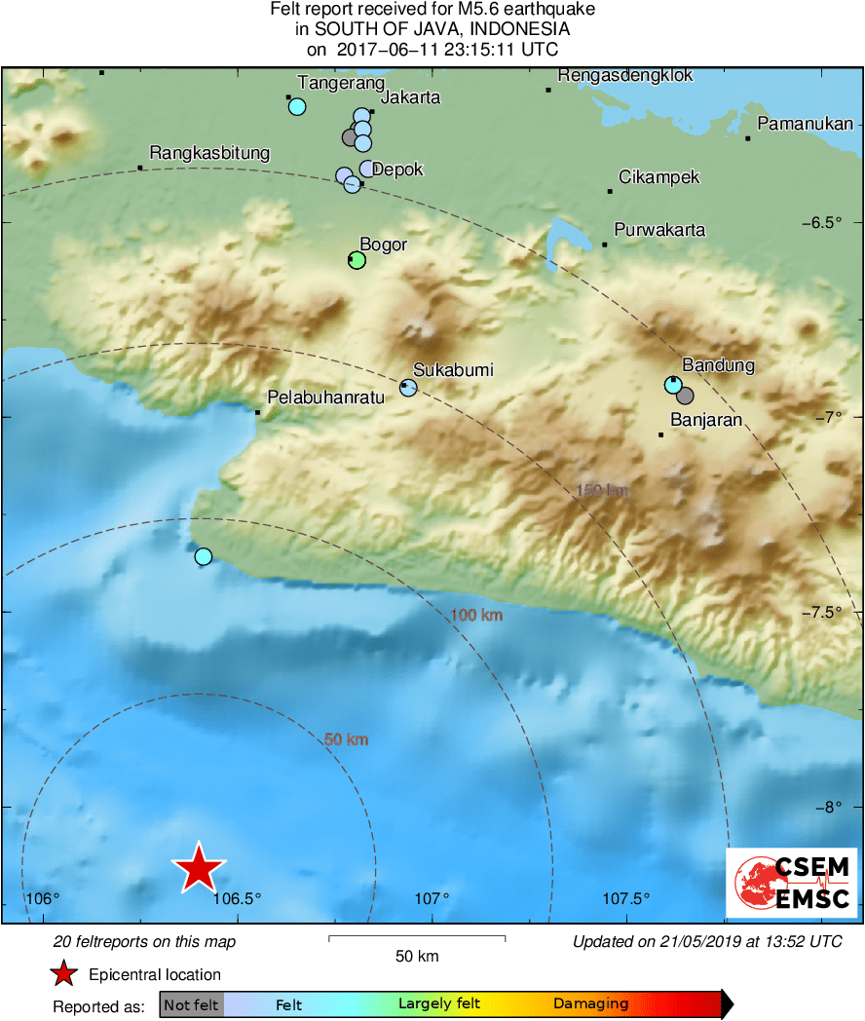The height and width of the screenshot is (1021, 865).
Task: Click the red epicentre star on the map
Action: (199, 867)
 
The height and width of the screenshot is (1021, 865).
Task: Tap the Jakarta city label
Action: (410, 97)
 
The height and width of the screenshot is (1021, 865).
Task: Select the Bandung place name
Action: (718, 365)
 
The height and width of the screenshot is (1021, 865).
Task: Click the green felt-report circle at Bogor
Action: (357, 259)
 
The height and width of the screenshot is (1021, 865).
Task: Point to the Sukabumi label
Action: (453, 370)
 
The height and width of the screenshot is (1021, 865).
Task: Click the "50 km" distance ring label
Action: (346, 739)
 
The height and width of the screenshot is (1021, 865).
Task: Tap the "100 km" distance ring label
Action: (476, 615)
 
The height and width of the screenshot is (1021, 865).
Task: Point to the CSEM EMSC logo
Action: (791, 883)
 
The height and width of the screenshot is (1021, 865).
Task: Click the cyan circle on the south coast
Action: (203, 556)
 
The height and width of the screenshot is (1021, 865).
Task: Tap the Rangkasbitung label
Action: (209, 154)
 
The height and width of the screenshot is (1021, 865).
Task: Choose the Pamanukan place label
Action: (805, 124)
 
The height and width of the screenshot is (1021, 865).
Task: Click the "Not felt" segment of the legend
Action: (191, 1004)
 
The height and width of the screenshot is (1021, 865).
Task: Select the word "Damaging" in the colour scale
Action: (590, 1004)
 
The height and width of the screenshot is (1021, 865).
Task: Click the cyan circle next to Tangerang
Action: (297, 106)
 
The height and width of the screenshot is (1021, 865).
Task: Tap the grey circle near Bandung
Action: (685, 396)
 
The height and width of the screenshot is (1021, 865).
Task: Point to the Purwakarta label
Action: (659, 231)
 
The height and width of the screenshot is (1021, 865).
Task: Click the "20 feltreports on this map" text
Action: (144, 942)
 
